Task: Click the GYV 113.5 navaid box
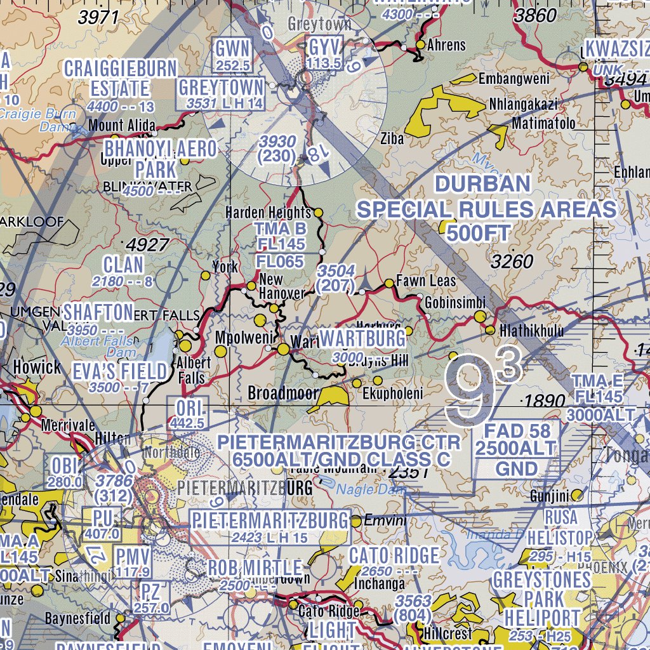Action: click(x=324, y=54)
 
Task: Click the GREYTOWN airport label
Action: click(x=221, y=87)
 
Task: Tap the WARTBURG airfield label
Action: click(x=362, y=338)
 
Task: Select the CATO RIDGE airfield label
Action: click(x=394, y=556)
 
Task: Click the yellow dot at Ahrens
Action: click(x=420, y=44)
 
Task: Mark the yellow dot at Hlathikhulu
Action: click(x=490, y=330)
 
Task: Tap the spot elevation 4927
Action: click(x=147, y=245)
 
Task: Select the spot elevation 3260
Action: click(x=512, y=261)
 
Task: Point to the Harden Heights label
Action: click(x=269, y=213)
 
